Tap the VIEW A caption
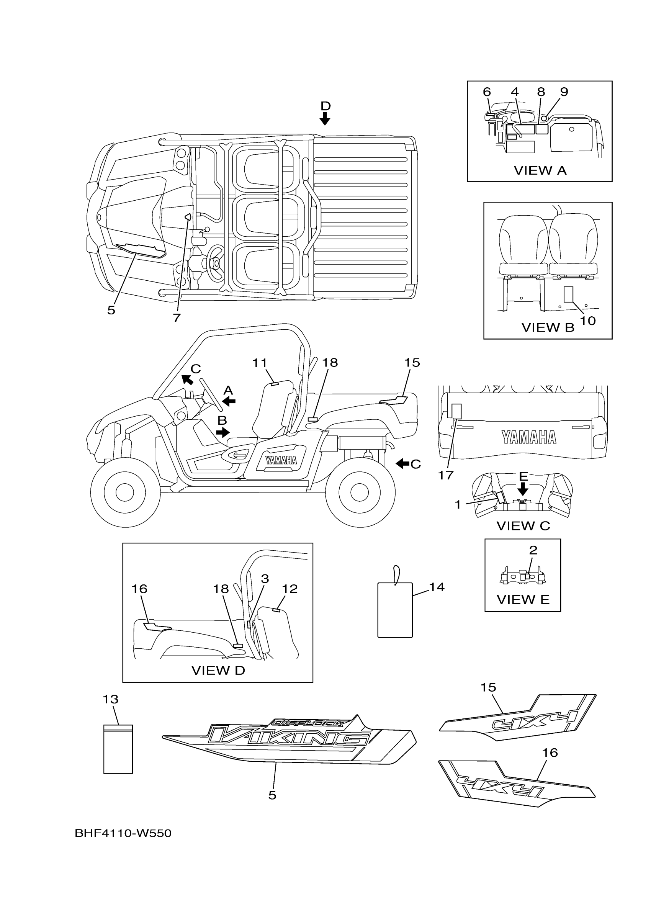[540, 170]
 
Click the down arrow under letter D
[325, 118]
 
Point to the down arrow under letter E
[523, 489]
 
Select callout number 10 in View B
[588, 321]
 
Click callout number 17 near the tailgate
[446, 475]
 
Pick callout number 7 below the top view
[177, 318]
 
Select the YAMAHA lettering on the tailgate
[529, 438]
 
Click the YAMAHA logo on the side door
[281, 460]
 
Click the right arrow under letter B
[222, 432]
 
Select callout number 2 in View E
[533, 550]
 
